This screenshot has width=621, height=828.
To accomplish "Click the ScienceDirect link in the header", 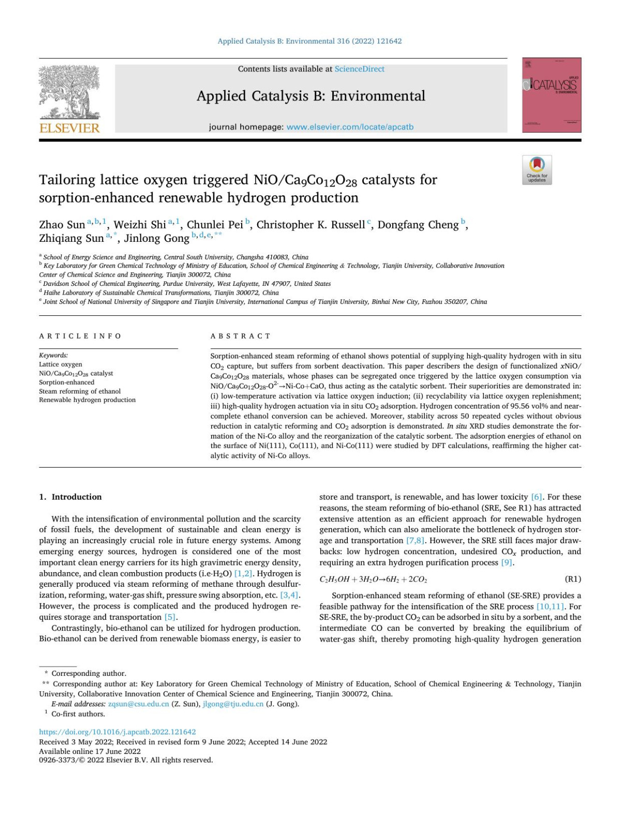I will click(x=359, y=69).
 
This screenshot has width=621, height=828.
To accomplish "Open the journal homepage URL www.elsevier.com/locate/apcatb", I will click(x=350, y=127).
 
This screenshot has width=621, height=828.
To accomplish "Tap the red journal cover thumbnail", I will click(x=551, y=95).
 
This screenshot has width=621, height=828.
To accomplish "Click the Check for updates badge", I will click(x=537, y=170).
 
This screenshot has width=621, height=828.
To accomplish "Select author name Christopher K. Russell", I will click(x=310, y=225).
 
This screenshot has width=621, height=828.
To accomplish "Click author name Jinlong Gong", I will click(x=156, y=238).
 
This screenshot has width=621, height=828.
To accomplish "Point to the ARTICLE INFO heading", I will click(x=80, y=336).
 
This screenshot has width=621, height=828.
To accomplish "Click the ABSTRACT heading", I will click(x=241, y=336).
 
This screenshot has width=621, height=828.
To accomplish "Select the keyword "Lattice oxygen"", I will click(x=61, y=364).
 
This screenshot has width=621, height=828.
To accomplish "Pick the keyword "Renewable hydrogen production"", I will click(x=87, y=400).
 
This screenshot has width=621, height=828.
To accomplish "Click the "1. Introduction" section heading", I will click(x=70, y=497).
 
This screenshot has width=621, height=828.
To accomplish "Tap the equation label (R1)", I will click(x=572, y=579).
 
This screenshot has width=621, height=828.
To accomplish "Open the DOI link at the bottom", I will click(x=117, y=732).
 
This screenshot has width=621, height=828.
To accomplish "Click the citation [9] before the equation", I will click(x=507, y=562).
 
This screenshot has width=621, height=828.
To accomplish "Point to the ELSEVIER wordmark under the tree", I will click(x=69, y=128).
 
